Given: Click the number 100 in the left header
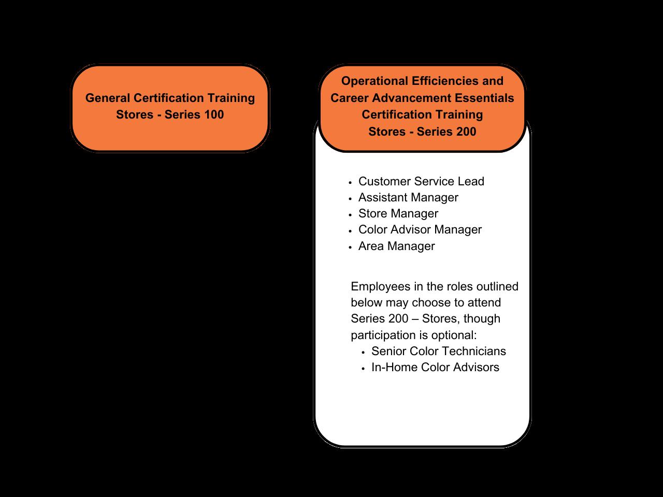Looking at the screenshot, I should pyautogui.click(x=213, y=114).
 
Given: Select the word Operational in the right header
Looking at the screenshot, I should pyautogui.click(x=374, y=81).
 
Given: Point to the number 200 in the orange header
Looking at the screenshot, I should pyautogui.click(x=465, y=131).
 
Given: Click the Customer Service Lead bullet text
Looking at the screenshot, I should pyautogui.click(x=421, y=181).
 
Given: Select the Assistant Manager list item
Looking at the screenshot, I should pyautogui.click(x=408, y=197).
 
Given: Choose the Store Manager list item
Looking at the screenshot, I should pyautogui.click(x=398, y=213).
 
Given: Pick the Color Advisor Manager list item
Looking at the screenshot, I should pyautogui.click(x=420, y=229).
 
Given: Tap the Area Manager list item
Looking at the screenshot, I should pyautogui.click(x=396, y=246).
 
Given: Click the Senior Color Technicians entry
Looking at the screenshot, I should pyautogui.click(x=438, y=351).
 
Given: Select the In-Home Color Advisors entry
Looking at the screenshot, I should pyautogui.click(x=435, y=367).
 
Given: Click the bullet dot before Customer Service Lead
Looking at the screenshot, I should pyautogui.click(x=351, y=182).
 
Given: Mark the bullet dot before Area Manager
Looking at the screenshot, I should pyautogui.click(x=351, y=247).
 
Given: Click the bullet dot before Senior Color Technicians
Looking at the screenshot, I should pyautogui.click(x=364, y=352).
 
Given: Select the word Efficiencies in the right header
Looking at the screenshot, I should pyautogui.click(x=445, y=81).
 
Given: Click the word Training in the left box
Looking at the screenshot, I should pyautogui.click(x=231, y=98).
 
